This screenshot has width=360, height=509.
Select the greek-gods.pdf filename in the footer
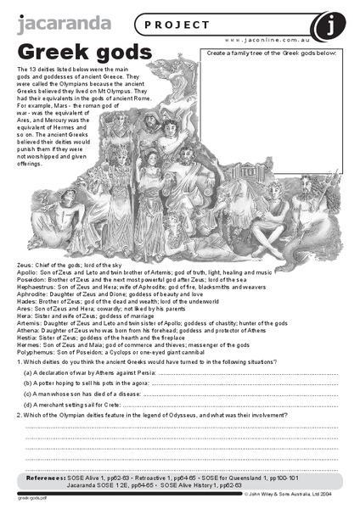click(30, 498)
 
